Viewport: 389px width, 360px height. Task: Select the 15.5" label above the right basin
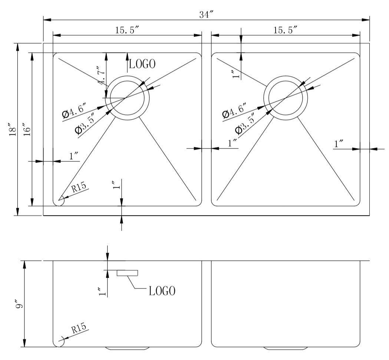(x=286, y=31)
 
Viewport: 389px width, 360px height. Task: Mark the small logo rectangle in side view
(x=128, y=273)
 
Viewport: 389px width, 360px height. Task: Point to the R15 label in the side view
(x=79, y=328)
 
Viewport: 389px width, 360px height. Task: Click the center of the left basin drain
(x=127, y=97)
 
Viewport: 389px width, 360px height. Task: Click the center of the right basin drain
(x=286, y=97)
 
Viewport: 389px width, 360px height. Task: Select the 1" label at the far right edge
(x=339, y=144)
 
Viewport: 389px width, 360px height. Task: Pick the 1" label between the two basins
(x=233, y=143)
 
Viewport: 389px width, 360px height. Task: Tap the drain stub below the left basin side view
(x=128, y=348)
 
